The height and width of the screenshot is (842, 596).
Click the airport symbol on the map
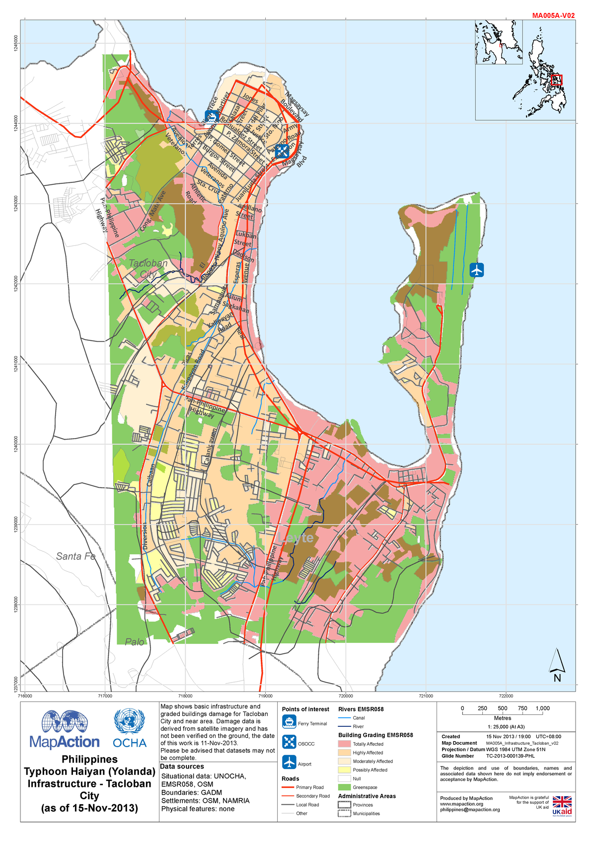pos(476,270)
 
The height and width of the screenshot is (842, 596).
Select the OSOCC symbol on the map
pos(282,151)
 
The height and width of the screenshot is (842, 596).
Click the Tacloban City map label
pos(148,268)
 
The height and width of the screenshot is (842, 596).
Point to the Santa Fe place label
pos(75,556)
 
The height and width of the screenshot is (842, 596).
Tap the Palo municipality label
pos(134,642)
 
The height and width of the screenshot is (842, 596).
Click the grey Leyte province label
pos(296,538)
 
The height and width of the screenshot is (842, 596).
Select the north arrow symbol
pos(557,666)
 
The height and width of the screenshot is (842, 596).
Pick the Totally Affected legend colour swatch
pos(344,744)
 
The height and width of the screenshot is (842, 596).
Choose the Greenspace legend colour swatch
pos(344,787)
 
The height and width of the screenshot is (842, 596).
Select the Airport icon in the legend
pos(289,762)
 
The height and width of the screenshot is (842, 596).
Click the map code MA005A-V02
pos(553,15)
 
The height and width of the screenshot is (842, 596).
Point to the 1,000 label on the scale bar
pos(542,708)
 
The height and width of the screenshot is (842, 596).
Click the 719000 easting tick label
pos(265,696)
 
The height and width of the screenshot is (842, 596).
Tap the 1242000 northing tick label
pos(16,285)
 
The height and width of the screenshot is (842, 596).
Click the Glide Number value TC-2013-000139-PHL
pos(510,756)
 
